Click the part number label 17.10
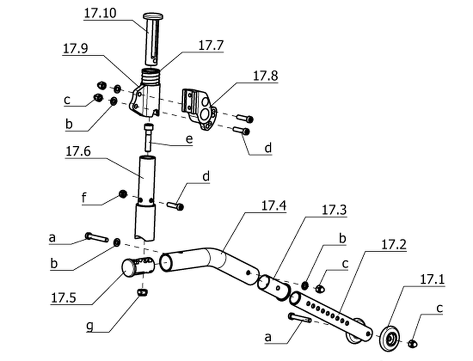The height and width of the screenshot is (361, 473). (x=100, y=13)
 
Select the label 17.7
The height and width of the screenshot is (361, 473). (x=211, y=45)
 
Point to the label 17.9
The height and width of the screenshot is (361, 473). (x=75, y=49)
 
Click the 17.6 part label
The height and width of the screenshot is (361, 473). (x=78, y=151)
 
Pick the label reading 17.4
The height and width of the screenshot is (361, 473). (x=273, y=206)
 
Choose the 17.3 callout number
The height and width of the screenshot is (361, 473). (x=334, y=210)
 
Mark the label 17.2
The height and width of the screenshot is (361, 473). (x=393, y=244)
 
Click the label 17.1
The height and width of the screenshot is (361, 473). (x=432, y=280)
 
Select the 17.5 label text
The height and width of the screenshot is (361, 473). (x=63, y=298)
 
